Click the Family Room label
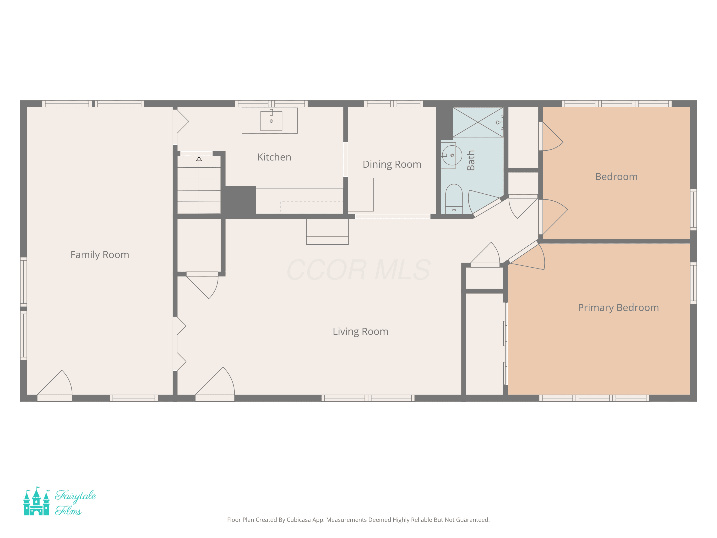(x=100, y=255)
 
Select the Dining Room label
(x=392, y=165)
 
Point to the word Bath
(x=471, y=160)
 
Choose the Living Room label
(x=360, y=331)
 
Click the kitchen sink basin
(x=271, y=121)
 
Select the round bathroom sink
(x=452, y=155)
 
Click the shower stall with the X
(x=478, y=122)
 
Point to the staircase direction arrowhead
(x=199, y=159)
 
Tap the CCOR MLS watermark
(x=358, y=270)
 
